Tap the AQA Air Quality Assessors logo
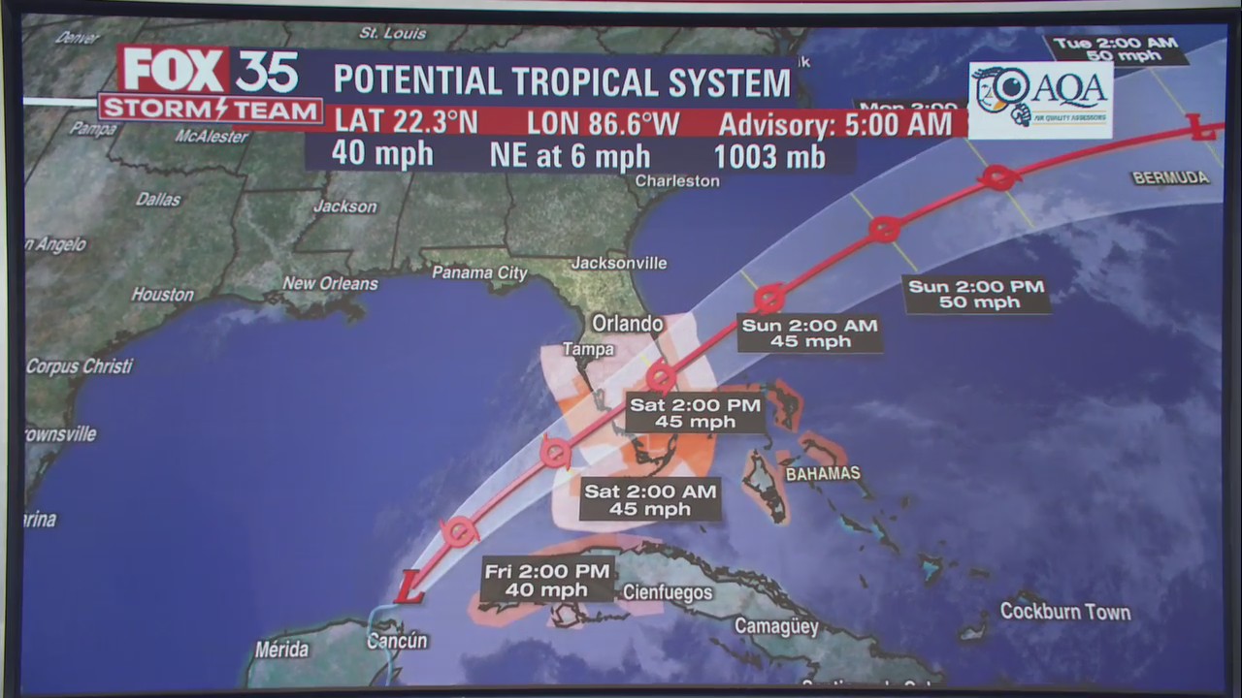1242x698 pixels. [1040, 100]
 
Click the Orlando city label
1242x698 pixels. [628, 324]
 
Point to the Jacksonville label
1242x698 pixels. [619, 263]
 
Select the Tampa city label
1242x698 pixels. [588, 349]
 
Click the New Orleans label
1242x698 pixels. [330, 284]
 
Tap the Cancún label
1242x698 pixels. [397, 641]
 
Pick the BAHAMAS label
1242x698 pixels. [823, 474]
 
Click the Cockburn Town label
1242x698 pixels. [1065, 612]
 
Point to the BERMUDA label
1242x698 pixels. [1170, 178]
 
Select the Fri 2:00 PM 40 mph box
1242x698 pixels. [547, 581]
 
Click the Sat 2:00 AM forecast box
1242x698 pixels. [650, 500]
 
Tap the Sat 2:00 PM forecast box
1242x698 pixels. [695, 413]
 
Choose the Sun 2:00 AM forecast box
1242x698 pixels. [809, 333]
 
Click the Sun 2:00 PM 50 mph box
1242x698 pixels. [976, 294]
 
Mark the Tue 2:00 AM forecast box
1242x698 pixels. [1116, 49]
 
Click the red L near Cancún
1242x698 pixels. [409, 587]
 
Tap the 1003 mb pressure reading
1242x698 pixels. [769, 157]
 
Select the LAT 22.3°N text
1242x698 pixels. [407, 122]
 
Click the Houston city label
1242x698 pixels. [162, 294]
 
